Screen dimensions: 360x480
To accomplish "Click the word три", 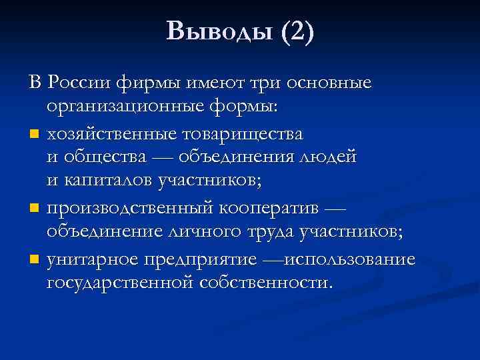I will click(271, 84).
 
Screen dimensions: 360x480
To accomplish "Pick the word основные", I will click(335, 84).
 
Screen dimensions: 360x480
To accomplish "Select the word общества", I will click(93, 157).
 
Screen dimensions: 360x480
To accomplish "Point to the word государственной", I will click(120, 282).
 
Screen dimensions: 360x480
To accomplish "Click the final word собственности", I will click(265, 282).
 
